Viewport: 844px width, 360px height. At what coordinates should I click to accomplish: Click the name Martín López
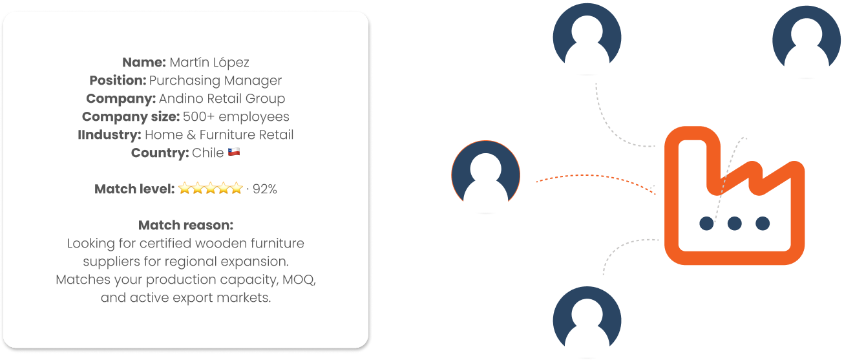coord(209,63)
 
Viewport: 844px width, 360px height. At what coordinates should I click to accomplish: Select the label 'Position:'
coord(118,81)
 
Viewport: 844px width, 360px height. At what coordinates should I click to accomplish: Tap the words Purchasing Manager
coord(215,81)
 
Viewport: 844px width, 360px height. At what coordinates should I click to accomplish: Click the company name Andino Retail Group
coord(222,99)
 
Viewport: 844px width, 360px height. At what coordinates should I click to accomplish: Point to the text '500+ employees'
coord(236,117)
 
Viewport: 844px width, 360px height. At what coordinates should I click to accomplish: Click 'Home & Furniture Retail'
coord(219,135)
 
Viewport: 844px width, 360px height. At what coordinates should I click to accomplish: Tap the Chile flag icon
coord(234,153)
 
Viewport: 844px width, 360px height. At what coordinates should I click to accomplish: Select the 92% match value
coord(265,189)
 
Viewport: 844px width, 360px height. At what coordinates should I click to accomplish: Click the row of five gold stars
coord(210,189)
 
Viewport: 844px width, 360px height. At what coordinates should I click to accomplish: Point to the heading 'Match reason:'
coord(185,226)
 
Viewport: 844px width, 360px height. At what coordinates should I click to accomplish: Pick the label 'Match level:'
coord(134,189)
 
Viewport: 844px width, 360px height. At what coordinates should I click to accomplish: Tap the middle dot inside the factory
coord(735,224)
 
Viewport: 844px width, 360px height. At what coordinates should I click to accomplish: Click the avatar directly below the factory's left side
coord(587,320)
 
